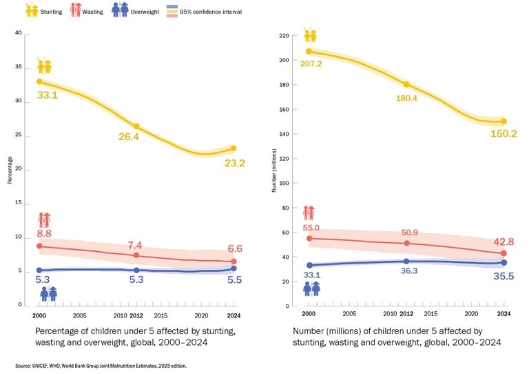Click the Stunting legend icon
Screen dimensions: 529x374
[x=32, y=10]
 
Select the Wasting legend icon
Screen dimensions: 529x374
[x=76, y=10]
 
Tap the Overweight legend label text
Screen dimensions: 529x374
[x=145, y=12]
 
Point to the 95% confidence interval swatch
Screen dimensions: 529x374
[x=172, y=12]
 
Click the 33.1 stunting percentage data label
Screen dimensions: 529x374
[x=48, y=95]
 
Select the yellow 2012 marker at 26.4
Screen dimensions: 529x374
[x=136, y=126]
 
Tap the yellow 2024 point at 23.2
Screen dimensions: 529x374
[x=234, y=148]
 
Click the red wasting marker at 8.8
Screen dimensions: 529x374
[x=39, y=246]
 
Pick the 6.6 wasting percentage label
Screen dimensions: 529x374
[x=235, y=248]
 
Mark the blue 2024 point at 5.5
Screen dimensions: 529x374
[x=234, y=268]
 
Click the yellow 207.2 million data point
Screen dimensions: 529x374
[x=309, y=51]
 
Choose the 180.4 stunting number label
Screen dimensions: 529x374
[x=406, y=98]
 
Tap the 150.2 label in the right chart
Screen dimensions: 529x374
[x=504, y=134]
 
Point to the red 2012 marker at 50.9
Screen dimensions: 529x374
[x=406, y=244]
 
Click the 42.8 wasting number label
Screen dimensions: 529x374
[x=504, y=242]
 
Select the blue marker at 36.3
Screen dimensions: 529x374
[x=406, y=261]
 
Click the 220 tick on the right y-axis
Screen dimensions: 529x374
[x=284, y=35]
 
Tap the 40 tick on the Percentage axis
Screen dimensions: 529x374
[x=18, y=32]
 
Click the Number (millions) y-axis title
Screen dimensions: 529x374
[x=274, y=170]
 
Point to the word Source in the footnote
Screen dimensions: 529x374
[x=23, y=366]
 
